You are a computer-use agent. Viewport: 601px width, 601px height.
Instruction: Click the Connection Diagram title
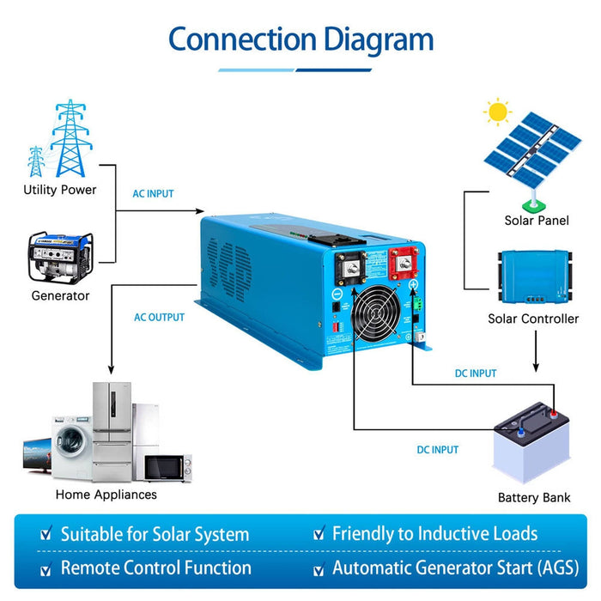click(300, 39)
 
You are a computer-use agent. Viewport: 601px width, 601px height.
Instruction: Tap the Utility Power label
click(60, 190)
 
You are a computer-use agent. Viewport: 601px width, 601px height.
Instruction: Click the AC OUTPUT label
click(159, 318)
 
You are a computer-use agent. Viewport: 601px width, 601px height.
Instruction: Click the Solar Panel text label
click(537, 222)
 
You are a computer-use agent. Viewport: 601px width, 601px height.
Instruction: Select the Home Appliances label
click(106, 495)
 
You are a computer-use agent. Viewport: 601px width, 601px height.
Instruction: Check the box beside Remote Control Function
click(46, 569)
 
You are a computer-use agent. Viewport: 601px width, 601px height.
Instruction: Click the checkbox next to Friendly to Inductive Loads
click(319, 535)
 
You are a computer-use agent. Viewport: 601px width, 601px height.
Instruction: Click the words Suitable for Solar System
click(155, 534)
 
